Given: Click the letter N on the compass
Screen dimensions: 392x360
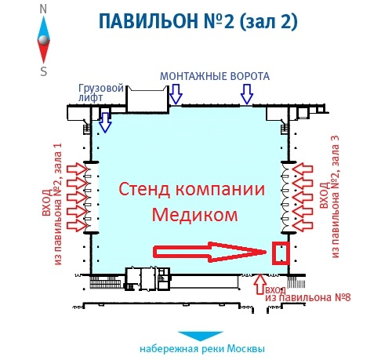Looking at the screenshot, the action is tap(43, 9).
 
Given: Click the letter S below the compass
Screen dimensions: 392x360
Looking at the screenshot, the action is tap(44, 71).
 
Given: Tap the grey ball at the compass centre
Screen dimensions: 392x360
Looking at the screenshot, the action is tap(43, 40).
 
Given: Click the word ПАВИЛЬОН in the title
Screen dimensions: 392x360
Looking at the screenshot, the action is tap(148, 21).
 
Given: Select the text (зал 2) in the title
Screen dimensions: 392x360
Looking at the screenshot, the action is tap(268, 21).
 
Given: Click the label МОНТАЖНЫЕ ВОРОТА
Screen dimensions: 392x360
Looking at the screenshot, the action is tap(215, 76).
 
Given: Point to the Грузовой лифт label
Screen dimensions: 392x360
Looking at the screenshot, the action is tap(101, 93).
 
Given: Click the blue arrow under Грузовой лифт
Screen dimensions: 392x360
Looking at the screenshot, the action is tap(105, 122).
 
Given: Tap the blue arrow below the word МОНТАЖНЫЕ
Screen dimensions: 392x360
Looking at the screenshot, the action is tap(176, 94).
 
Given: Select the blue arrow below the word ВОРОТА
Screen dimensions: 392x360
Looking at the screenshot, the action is tap(247, 94).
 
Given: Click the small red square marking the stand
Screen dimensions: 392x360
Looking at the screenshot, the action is tap(281, 253).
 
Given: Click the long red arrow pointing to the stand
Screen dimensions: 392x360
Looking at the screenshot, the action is tap(209, 252).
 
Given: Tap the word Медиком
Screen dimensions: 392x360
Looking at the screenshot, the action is tap(195, 215).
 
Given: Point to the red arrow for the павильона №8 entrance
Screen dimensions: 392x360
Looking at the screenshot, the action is tap(260, 284).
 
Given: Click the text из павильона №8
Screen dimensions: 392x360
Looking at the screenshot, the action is tap(308, 297).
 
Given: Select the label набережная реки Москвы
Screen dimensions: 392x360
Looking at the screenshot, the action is tap(202, 349).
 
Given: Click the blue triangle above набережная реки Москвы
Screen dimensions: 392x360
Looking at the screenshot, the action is tap(200, 336).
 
